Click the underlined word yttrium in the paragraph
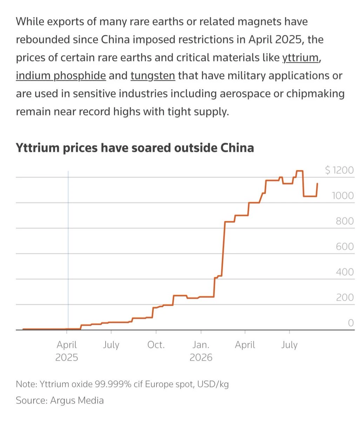[300, 58]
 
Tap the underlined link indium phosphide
[61, 76]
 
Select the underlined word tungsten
[153, 76]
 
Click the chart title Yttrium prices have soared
[134, 148]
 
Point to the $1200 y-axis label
[339, 170]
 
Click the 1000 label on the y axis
[343, 195]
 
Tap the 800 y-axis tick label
[345, 221]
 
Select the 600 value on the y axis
[345, 246]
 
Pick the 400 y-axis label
[345, 272]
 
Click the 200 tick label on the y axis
[345, 298]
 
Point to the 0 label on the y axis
[351, 323]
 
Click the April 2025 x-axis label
[67, 351]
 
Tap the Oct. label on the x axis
[156, 345]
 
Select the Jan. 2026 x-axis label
[201, 351]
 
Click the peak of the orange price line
[300, 171]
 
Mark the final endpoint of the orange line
[317, 183]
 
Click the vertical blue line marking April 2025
[68, 250]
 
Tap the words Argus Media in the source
[77, 400]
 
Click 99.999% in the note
[113, 385]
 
